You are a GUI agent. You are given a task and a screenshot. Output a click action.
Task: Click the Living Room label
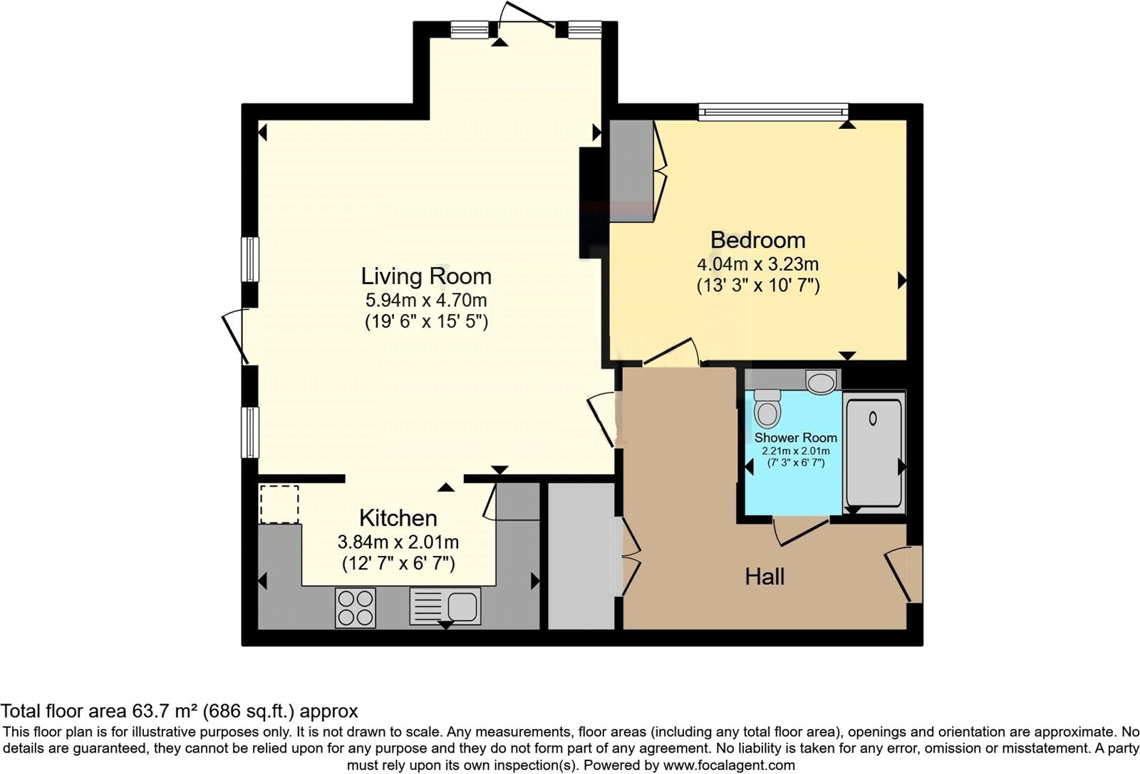click(426, 276)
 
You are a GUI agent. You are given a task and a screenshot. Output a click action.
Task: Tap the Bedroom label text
click(757, 240)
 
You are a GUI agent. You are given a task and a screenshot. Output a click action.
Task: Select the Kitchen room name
click(398, 518)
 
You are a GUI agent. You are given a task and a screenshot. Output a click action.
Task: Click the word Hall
click(765, 576)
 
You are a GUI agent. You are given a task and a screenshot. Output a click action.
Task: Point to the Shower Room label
click(795, 438)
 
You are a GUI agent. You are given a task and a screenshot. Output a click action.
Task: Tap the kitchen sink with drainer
click(445, 606)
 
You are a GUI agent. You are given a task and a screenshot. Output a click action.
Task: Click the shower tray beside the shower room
click(874, 452)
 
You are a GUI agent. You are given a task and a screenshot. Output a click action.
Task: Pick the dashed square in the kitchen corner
click(279, 504)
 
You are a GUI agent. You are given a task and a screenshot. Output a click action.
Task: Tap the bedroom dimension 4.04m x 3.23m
click(757, 264)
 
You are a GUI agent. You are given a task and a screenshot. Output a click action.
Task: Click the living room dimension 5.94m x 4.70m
click(426, 300)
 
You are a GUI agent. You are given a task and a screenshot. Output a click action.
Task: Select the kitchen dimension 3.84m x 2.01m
click(398, 542)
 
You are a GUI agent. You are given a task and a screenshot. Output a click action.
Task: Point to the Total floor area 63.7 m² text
click(179, 711)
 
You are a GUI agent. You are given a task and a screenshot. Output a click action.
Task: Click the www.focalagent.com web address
click(728, 765)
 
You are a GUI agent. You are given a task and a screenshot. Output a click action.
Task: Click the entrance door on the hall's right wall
click(903, 573)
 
